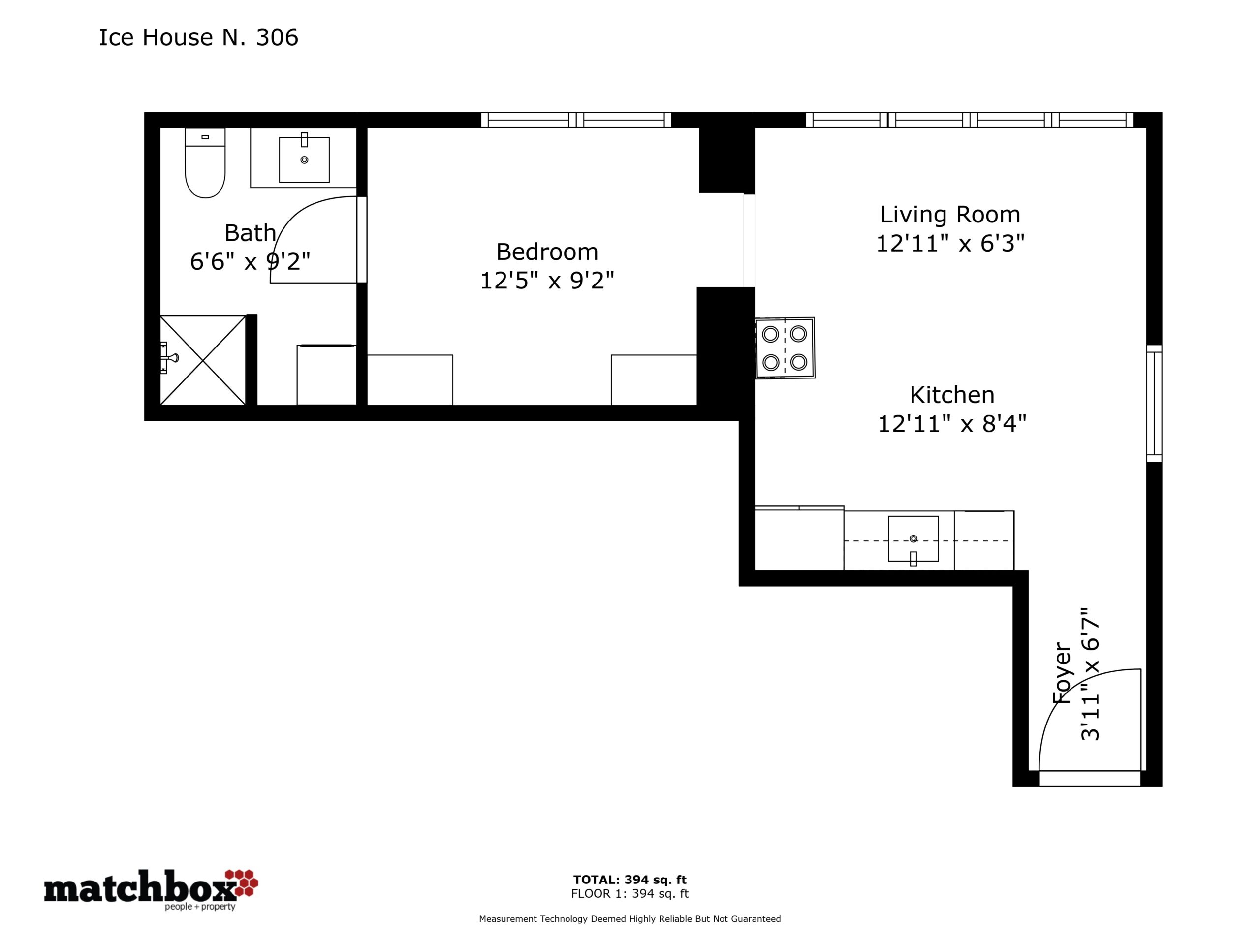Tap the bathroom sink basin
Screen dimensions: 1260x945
pyautogui.click(x=304, y=159)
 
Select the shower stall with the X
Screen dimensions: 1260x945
pyautogui.click(x=203, y=360)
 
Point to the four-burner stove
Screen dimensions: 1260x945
pyautogui.click(x=785, y=348)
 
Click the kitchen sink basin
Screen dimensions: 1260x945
pyautogui.click(x=913, y=539)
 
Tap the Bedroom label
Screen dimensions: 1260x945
pyautogui.click(x=547, y=252)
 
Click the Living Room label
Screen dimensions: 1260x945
pyautogui.click(x=950, y=215)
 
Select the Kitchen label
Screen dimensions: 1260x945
pyautogui.click(x=952, y=395)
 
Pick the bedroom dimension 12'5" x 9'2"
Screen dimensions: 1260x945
pyautogui.click(x=547, y=280)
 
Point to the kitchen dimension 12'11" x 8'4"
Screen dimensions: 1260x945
pyautogui.click(x=952, y=424)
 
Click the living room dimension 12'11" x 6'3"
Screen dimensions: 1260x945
pyautogui.click(x=950, y=244)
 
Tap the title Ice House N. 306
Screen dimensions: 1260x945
pyautogui.click(x=198, y=37)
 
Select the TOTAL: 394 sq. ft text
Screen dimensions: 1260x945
pyautogui.click(x=630, y=880)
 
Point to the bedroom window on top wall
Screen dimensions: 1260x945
pyautogui.click(x=576, y=120)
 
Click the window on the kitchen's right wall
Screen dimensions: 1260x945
pyautogui.click(x=1154, y=403)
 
